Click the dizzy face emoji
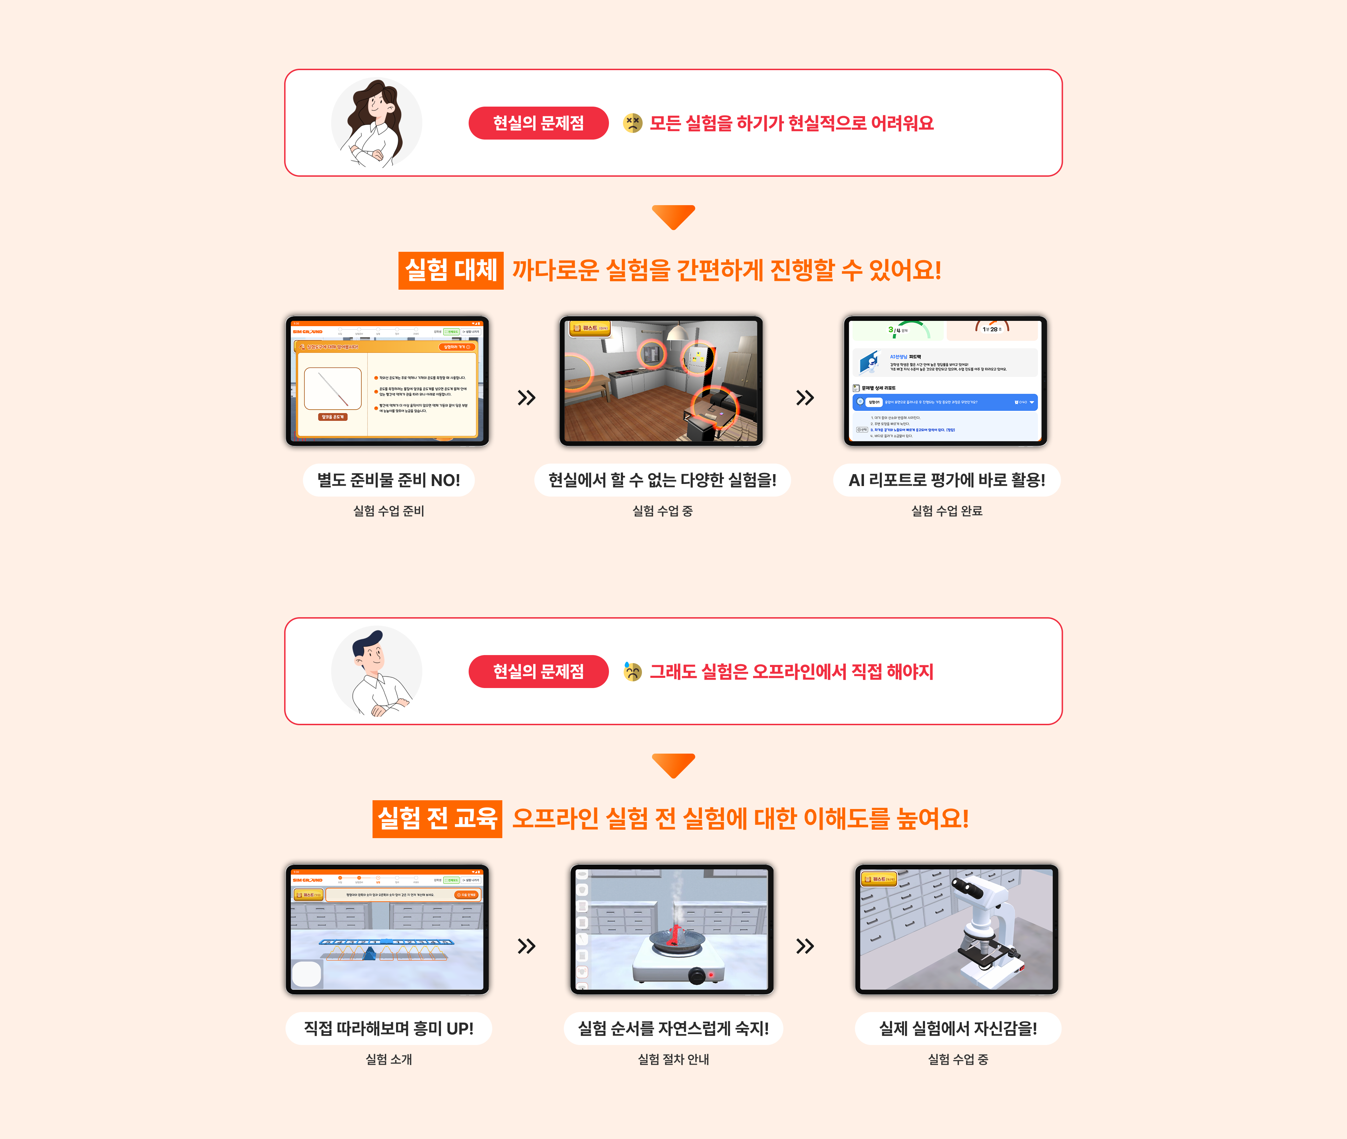click(632, 123)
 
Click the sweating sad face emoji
click(632, 672)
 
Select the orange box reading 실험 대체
click(451, 270)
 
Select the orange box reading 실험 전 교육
click(437, 819)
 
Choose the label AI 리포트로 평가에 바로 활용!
click(947, 480)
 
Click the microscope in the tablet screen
click(985, 930)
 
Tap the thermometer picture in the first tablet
click(333, 389)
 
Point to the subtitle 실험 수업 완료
click(947, 511)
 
